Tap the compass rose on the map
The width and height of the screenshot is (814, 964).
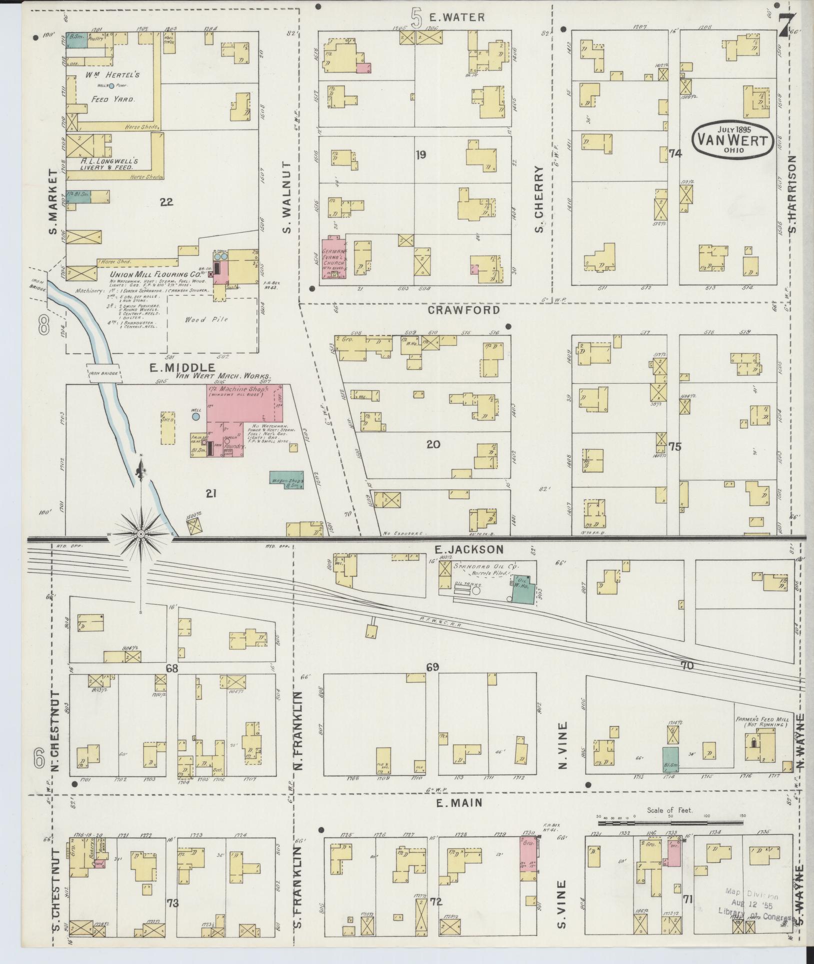[x=141, y=534]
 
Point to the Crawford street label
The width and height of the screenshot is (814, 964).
[x=463, y=310]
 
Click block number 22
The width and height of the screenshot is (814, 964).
[x=166, y=202]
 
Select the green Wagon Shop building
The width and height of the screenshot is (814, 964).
[x=286, y=479]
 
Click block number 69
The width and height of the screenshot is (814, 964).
[x=432, y=667]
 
